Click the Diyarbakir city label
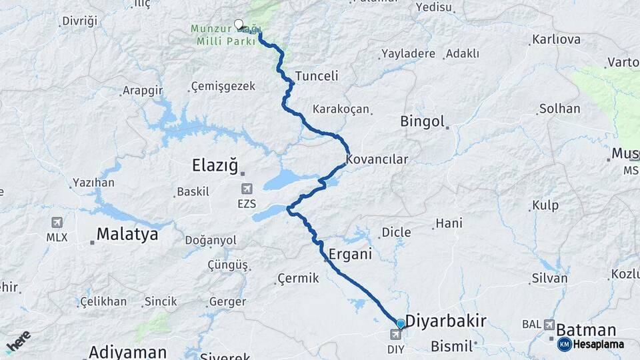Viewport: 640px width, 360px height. click(445, 321)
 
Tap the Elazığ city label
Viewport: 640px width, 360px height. click(214, 165)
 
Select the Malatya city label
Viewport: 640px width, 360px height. click(127, 234)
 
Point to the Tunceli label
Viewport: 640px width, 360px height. click(317, 76)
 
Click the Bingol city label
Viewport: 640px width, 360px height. click(422, 121)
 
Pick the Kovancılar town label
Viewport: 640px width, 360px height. click(377, 160)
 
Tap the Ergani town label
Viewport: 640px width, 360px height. click(350, 255)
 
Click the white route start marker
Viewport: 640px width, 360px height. click(239, 25)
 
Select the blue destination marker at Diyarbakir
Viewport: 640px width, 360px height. click(400, 324)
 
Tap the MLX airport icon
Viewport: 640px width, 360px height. click(57, 223)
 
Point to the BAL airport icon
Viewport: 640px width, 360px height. click(549, 324)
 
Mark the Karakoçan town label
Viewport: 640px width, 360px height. click(341, 109)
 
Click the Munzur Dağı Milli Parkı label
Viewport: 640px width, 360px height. click(217, 35)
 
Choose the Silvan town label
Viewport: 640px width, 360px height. click(549, 279)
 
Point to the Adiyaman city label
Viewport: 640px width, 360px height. click(127, 351)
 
